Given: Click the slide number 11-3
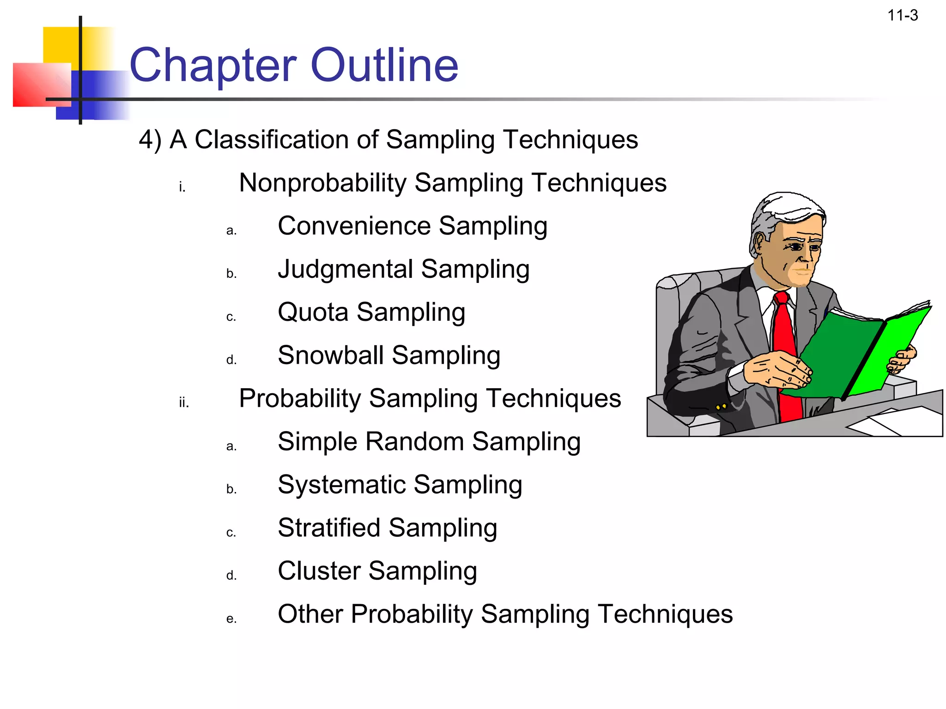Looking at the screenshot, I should pos(903,16).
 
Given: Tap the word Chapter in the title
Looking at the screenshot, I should pos(213,66).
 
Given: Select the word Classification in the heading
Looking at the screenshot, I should pos(271,139).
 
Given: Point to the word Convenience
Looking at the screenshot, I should pos(354,226).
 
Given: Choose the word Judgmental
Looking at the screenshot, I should pos(346,270).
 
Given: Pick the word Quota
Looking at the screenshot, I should pos(313,312).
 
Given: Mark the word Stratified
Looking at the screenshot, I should pos(329,528).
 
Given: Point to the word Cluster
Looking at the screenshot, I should pos(319,571).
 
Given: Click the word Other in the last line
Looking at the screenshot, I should pos(310,614).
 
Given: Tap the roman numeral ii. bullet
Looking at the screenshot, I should pos(184,403).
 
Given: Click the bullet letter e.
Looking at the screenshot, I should pos(231,619).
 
